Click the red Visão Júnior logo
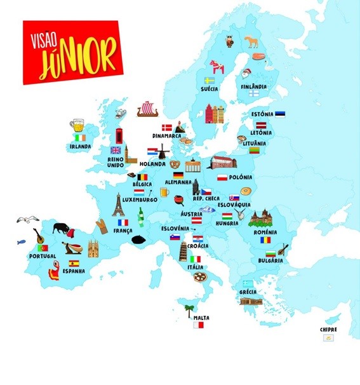pos(71,52)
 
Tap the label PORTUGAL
pos(43,256)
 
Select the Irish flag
pos(79,137)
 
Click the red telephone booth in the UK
pos(118,137)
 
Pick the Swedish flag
pos(209,81)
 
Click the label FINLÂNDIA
pos(253,86)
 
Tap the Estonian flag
pos(280,114)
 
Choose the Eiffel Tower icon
pos(118,205)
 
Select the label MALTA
pos(202,317)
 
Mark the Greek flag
pos(248,283)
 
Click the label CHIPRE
pos(329,330)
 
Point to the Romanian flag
pos(265,240)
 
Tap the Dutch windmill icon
pos(163,151)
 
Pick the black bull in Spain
pos(60,227)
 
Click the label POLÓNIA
pos(239,177)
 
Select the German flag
pos(178,175)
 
